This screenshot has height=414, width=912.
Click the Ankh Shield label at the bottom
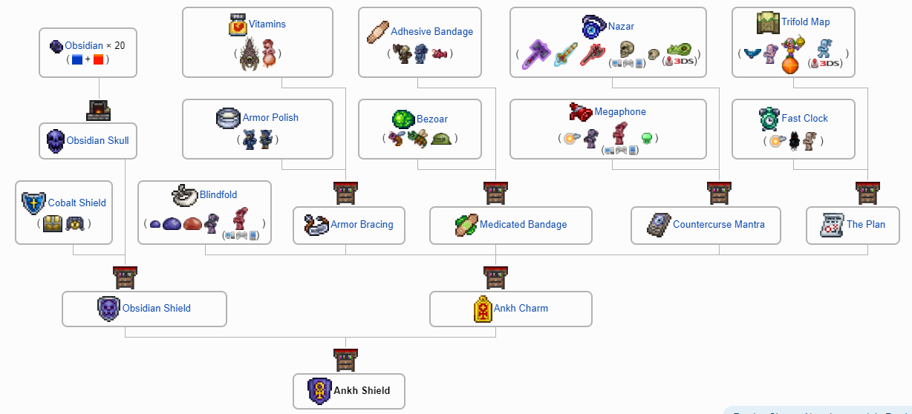[x=362, y=390]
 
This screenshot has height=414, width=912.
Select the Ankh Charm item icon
[x=483, y=309]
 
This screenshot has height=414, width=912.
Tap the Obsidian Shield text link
[x=157, y=308]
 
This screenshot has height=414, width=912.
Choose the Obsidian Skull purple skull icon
[x=56, y=140]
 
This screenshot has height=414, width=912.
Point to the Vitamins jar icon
[x=238, y=24]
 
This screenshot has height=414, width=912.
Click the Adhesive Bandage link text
[x=431, y=31]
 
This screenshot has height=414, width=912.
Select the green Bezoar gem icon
[x=403, y=119]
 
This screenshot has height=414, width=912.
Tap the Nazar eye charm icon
[x=594, y=26]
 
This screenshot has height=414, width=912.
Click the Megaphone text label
[x=620, y=112]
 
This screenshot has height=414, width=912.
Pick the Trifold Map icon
[x=768, y=22]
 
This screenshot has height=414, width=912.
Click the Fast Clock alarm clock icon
[x=769, y=119]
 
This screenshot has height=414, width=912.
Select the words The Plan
[x=865, y=224]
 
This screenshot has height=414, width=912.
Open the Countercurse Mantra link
[x=718, y=224]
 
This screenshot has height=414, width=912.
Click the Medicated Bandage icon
[x=466, y=225]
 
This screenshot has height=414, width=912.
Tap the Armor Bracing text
[x=362, y=224]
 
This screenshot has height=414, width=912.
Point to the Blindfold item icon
[x=185, y=194]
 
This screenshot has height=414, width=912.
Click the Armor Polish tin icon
[x=228, y=118]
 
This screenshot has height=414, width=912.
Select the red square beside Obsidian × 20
[x=99, y=59]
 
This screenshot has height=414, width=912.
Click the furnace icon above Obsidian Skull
[x=98, y=111]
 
